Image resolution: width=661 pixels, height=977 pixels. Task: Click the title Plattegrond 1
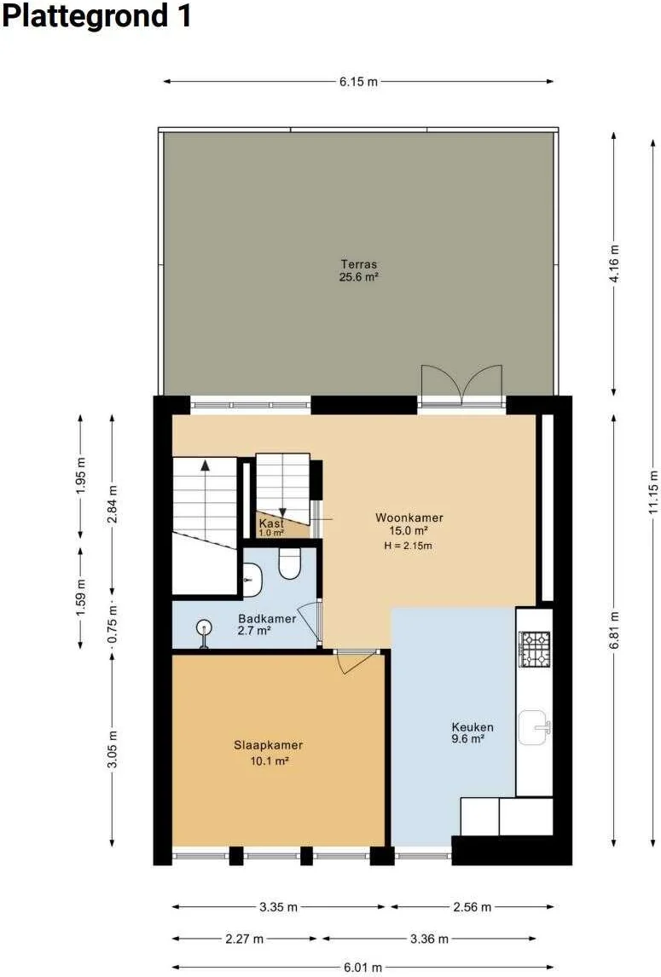coord(96,15)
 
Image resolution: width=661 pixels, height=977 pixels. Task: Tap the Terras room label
coord(358,264)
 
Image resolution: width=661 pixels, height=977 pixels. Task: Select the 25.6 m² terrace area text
coord(358,277)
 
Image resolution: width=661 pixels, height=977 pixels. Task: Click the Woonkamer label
coord(409,517)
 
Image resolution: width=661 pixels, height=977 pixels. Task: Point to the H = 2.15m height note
coord(409,546)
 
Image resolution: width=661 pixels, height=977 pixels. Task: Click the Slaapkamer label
coord(269,745)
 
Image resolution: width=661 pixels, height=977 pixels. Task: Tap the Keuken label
coord(473,727)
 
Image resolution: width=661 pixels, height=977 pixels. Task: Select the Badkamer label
coord(267,619)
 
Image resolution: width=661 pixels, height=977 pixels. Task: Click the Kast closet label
coord(271,523)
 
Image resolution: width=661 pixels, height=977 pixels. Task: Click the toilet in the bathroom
coord(289,564)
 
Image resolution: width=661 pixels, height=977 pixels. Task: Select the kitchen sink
coord(535,727)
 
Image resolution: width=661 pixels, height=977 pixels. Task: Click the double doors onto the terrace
coord(461,385)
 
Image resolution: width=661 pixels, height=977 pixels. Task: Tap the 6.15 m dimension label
coord(358,82)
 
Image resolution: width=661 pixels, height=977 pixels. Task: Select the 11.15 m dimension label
coord(652,491)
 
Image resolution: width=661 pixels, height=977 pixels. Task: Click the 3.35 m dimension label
coord(278,907)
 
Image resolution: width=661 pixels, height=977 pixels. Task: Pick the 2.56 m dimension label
coord(472,907)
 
